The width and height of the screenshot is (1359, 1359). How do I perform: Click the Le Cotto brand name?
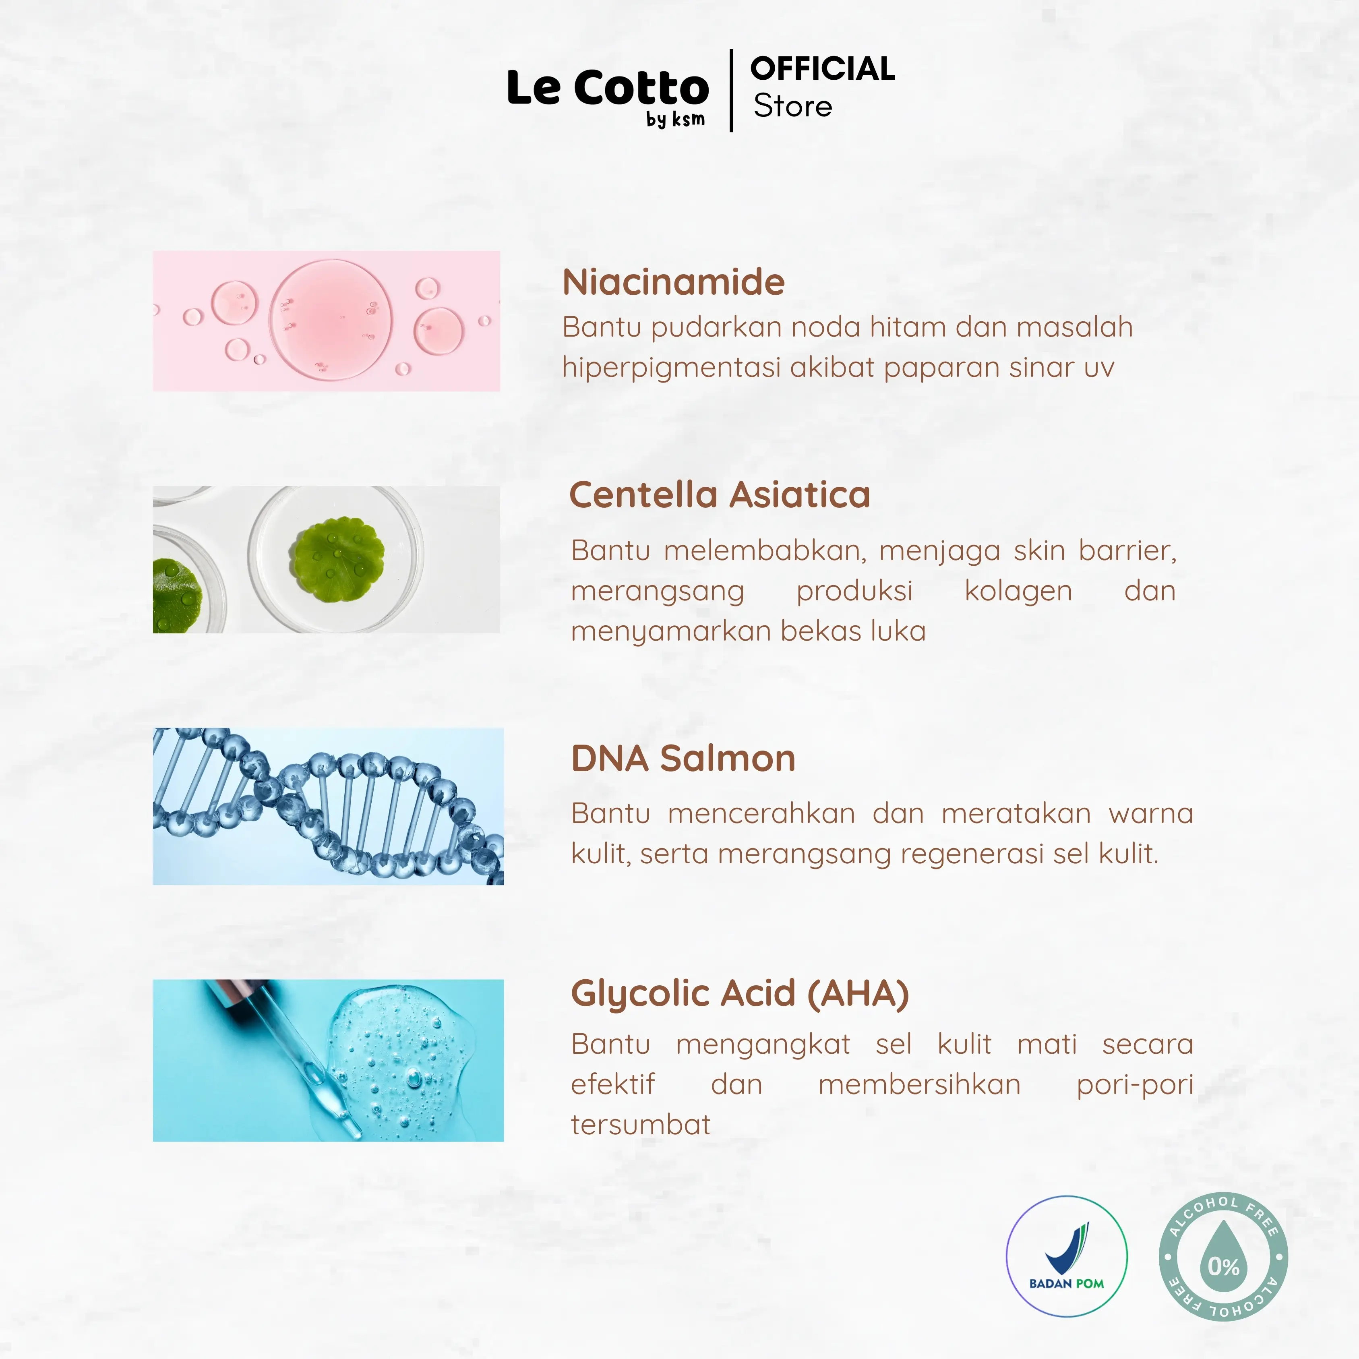[x=608, y=88]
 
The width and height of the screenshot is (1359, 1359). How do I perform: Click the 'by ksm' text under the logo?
[x=675, y=120]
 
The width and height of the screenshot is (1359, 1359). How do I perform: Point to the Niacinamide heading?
[x=673, y=282]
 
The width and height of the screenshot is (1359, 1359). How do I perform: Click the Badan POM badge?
[x=1066, y=1256]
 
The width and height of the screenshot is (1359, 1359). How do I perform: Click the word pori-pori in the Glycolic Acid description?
[x=1135, y=1085]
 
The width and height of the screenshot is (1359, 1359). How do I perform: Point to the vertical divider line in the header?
[x=732, y=91]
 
